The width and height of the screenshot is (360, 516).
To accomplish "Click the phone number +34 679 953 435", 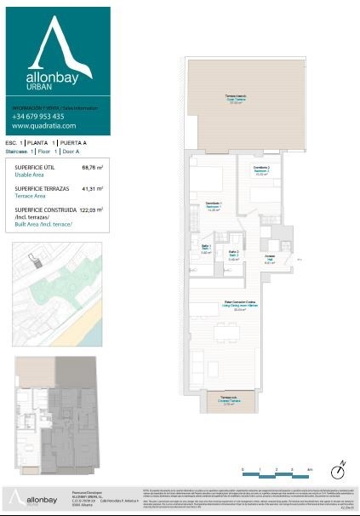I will click(x=43, y=116).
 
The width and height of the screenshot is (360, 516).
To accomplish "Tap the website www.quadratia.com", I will click(x=43, y=126).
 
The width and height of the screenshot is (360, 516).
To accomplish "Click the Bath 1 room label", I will click(x=206, y=251).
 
